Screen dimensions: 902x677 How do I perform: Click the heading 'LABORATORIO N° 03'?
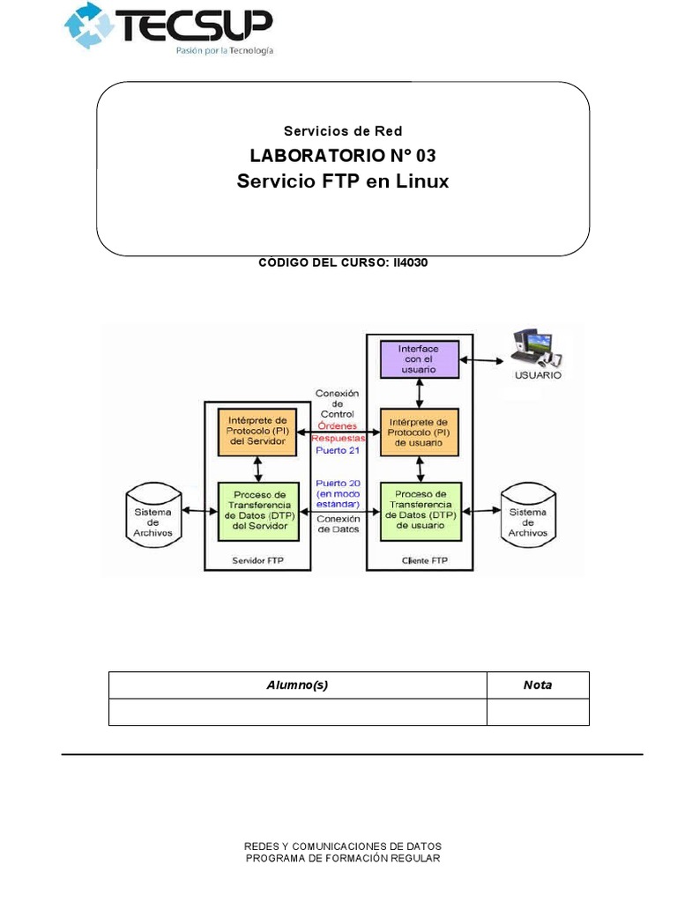click(x=342, y=157)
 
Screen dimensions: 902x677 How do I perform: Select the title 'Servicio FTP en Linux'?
click(x=343, y=181)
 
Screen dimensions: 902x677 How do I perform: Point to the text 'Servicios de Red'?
click(x=343, y=131)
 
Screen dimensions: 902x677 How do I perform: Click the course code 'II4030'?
click(x=408, y=262)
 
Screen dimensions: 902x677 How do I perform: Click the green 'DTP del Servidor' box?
click(x=256, y=511)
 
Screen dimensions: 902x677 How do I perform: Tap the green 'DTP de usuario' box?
click(x=419, y=511)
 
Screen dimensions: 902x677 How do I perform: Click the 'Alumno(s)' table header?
click(x=297, y=685)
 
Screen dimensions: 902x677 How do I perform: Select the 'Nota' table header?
click(x=537, y=685)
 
